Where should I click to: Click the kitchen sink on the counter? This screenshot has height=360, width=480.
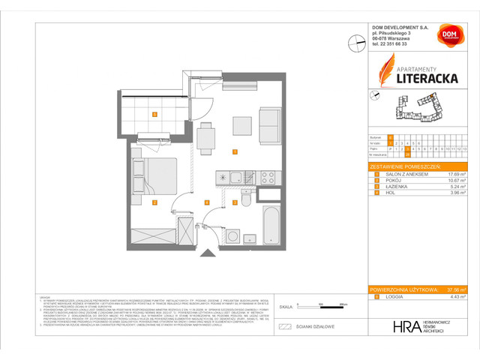click(236, 178)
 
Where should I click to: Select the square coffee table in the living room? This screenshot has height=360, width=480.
click(241, 124)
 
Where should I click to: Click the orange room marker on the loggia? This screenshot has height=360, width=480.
click(154, 115)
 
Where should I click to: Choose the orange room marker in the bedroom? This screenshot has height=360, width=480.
click(154, 202)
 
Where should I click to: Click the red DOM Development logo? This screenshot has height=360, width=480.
click(448, 34)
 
